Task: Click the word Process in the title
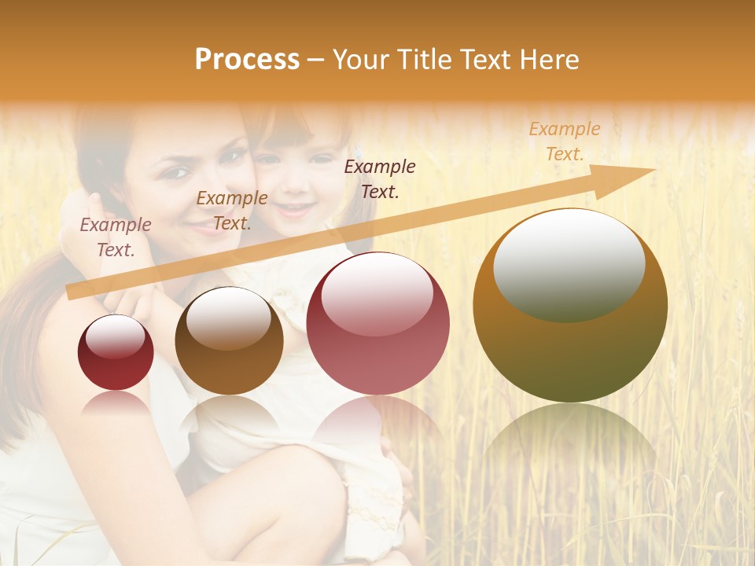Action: pos(247,60)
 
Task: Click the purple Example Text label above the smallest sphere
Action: pos(116,237)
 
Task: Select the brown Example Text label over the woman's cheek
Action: pos(232,211)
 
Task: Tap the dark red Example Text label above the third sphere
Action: pos(380,178)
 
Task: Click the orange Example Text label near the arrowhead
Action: pos(565,141)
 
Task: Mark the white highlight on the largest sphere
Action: pos(569,263)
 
